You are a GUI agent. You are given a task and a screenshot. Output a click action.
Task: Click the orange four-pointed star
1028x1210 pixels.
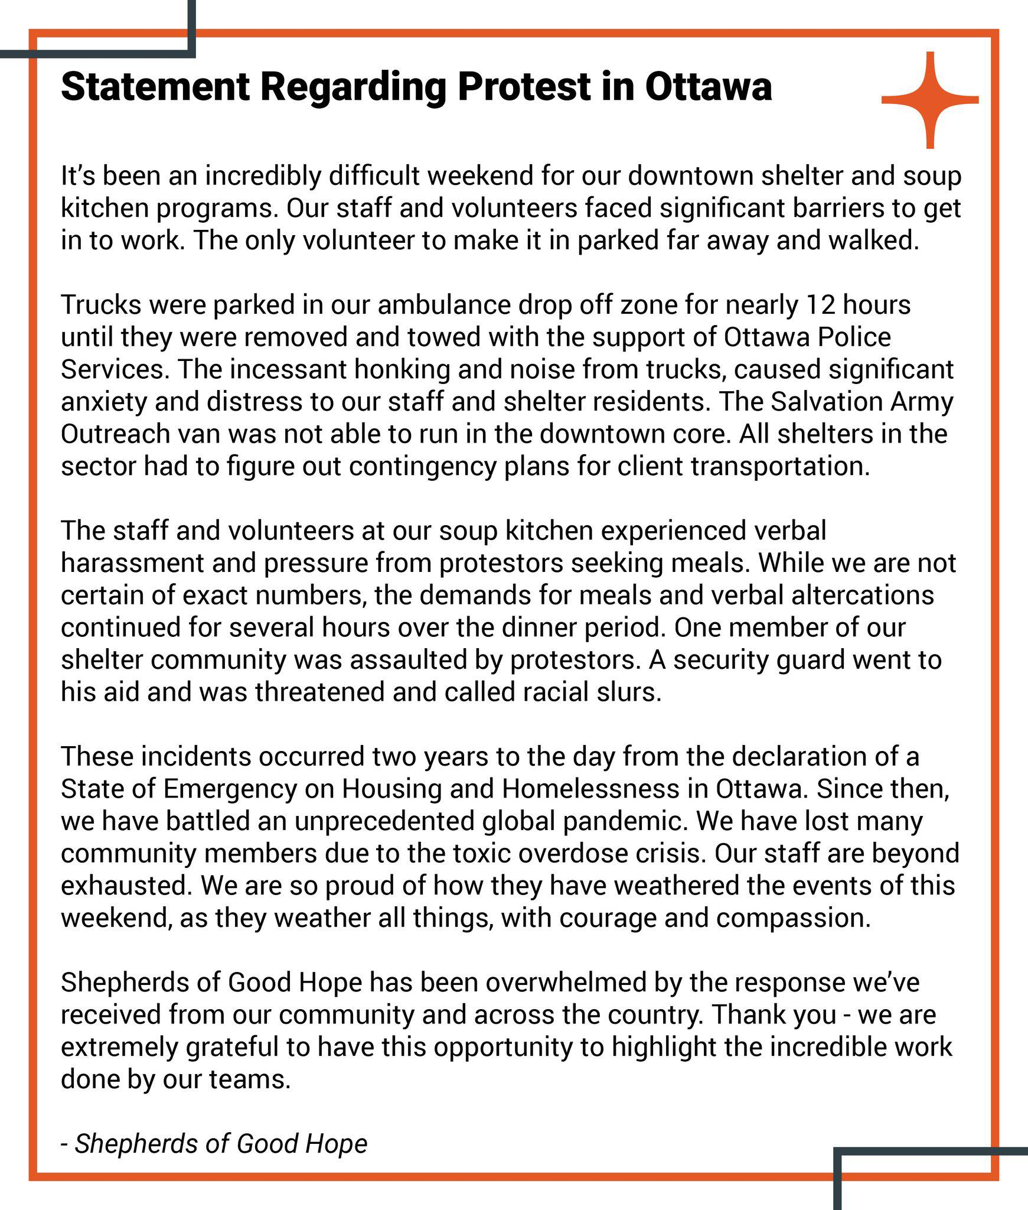click(930, 100)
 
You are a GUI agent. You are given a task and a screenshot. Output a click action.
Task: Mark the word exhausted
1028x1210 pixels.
click(126, 886)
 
